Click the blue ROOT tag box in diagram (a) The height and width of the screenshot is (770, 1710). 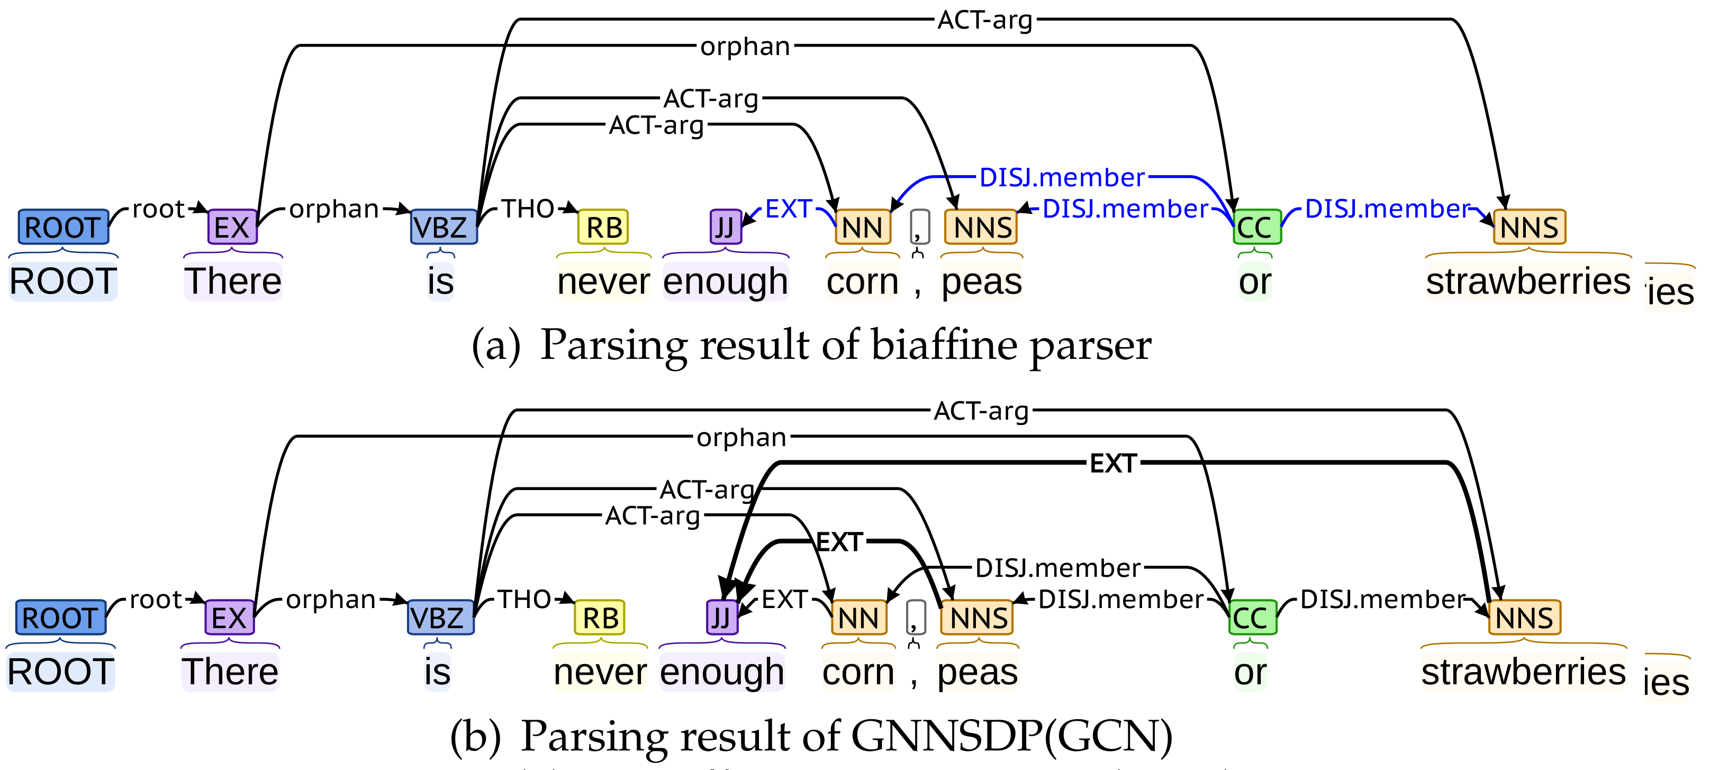tap(63, 227)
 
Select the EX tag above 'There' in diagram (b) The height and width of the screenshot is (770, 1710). tap(229, 618)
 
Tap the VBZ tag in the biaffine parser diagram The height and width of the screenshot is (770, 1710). tap(444, 227)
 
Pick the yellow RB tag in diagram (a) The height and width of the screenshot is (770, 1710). tap(603, 227)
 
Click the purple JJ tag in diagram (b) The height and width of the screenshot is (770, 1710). tap(721, 618)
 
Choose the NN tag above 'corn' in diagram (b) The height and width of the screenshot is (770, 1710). tap(859, 618)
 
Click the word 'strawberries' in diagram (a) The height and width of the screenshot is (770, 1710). tap(1528, 282)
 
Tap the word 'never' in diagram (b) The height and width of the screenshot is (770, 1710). tap(600, 673)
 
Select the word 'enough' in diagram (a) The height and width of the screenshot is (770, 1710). tap(726, 282)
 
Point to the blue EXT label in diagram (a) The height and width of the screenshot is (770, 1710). tap(789, 209)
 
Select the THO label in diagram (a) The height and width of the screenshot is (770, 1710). tap(528, 209)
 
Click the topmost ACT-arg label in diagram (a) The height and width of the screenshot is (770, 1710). tap(985, 20)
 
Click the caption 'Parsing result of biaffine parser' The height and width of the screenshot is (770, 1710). tap(845, 345)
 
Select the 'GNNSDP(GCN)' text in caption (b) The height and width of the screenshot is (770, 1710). tap(1012, 736)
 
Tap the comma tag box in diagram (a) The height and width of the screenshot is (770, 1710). tap(919, 227)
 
